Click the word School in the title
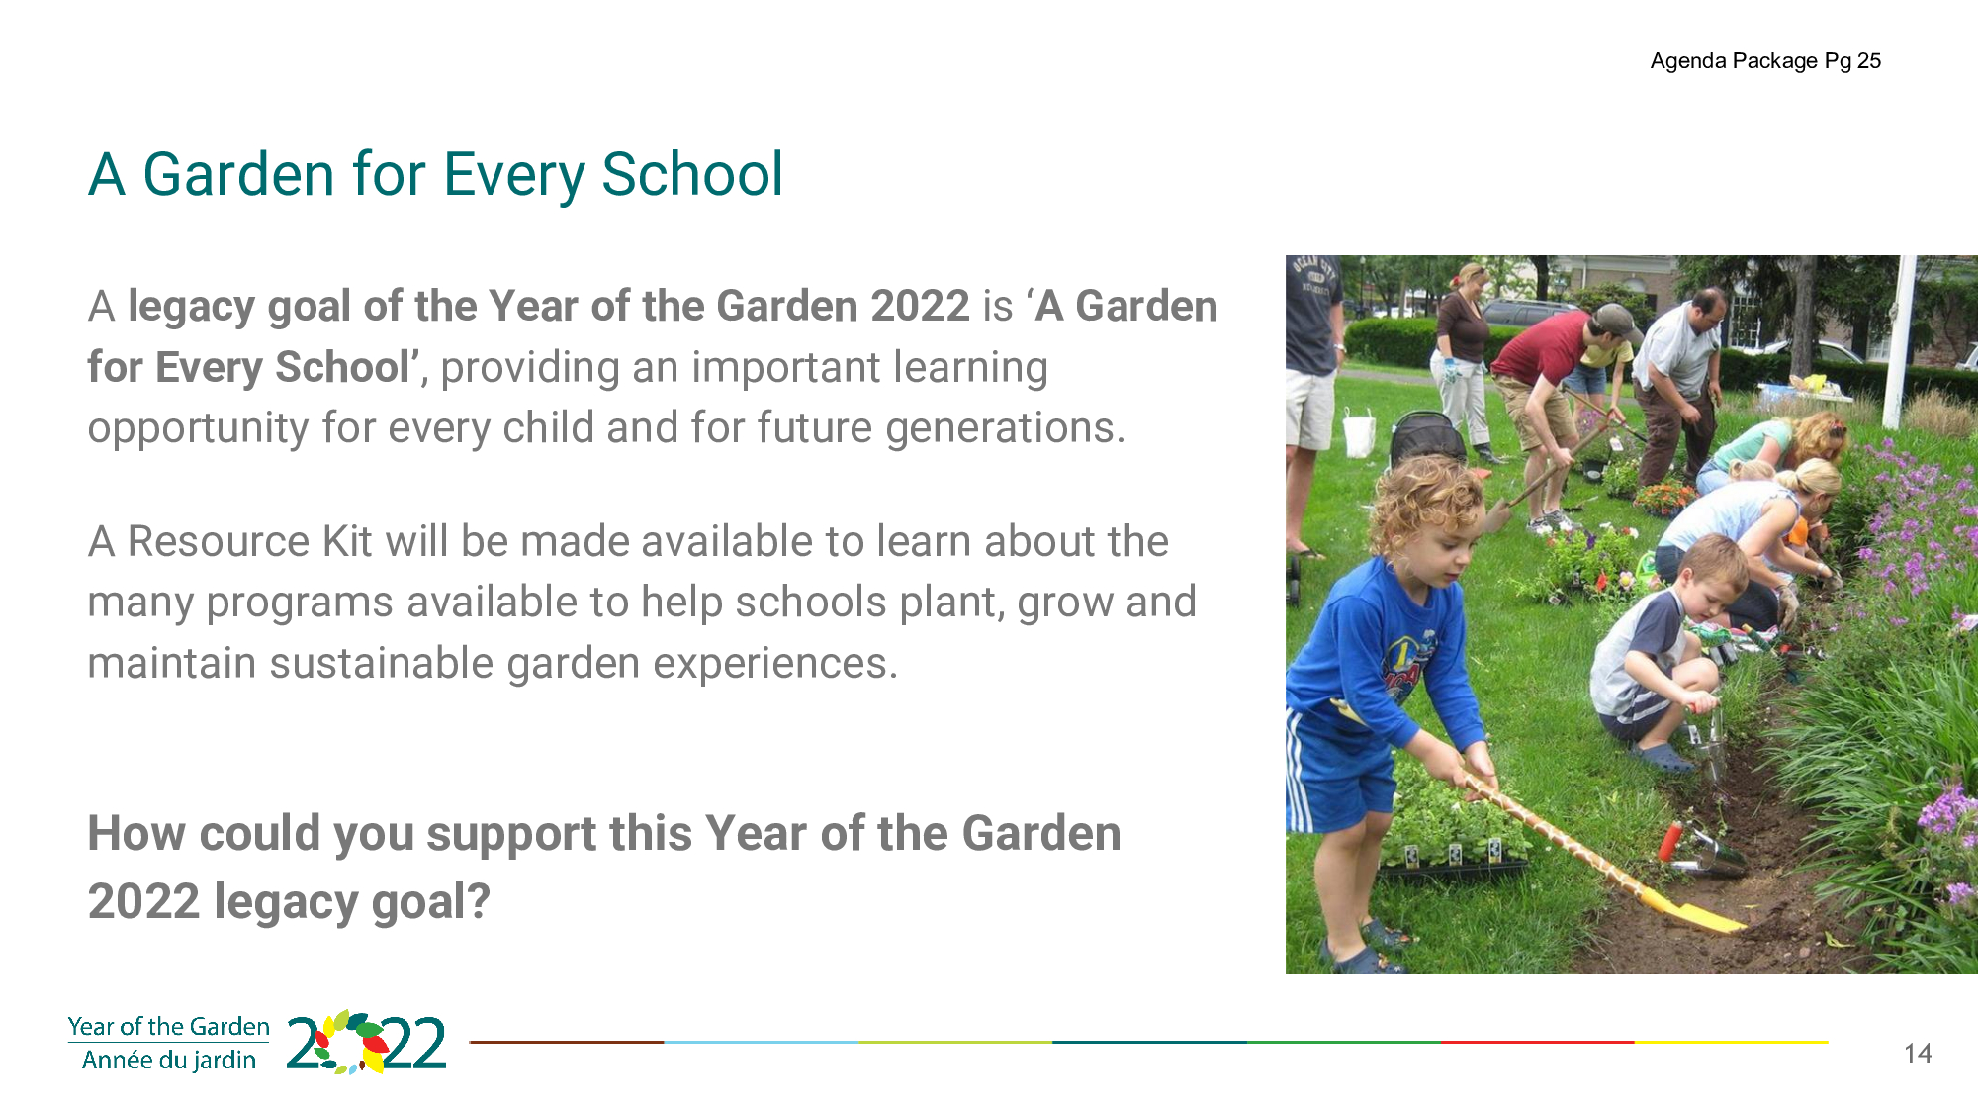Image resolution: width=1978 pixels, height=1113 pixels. point(692,175)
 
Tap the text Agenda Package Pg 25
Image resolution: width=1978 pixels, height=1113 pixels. point(1765,61)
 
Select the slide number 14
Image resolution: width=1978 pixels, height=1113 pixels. point(1918,1054)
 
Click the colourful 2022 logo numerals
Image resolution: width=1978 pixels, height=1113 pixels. point(366,1043)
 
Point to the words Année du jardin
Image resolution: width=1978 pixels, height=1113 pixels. point(169,1061)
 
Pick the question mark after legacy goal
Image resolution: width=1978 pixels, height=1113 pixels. point(479,901)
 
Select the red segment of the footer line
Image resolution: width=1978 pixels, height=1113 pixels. point(1537,1042)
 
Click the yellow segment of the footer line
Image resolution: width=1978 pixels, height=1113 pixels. point(1731,1042)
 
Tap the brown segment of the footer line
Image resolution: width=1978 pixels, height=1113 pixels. point(567,1042)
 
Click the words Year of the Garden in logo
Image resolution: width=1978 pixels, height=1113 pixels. point(169,1027)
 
